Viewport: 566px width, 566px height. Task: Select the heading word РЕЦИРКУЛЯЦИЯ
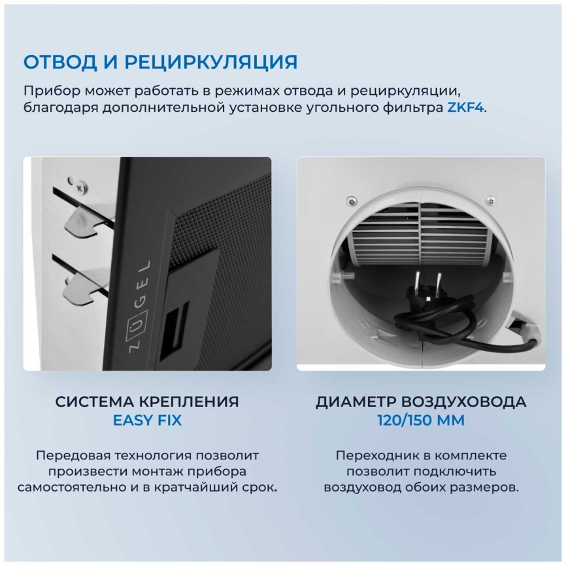coord(210,62)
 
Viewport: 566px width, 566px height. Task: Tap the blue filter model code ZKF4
coord(465,108)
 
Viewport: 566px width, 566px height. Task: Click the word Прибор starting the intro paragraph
coord(46,90)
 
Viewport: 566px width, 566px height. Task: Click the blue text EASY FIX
coord(147,420)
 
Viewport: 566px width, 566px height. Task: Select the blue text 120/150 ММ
coord(421,420)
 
